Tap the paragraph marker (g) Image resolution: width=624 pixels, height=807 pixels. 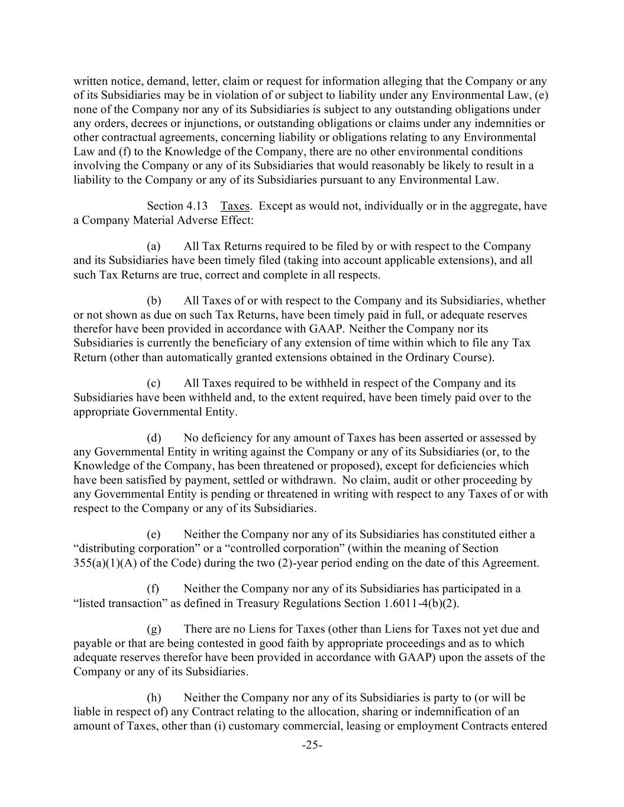tap(154, 629)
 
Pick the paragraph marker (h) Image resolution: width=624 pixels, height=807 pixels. tap(154, 698)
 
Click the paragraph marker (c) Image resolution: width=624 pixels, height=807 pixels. tap(153, 383)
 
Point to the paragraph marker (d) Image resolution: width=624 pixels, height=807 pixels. tap(154, 437)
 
